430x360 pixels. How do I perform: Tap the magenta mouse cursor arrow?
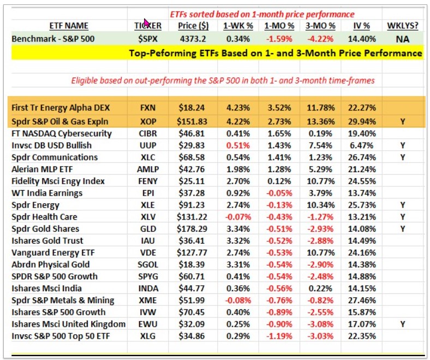(147, 23)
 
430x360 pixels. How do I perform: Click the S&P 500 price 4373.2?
(193, 39)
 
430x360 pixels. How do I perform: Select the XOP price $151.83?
(193, 121)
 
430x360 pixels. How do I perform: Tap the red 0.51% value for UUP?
(238, 145)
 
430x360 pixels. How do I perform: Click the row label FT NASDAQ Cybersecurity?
(61, 133)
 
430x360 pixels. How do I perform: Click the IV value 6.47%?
(358, 145)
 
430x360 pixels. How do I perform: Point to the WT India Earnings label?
(47, 193)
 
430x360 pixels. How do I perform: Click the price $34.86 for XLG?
(193, 336)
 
